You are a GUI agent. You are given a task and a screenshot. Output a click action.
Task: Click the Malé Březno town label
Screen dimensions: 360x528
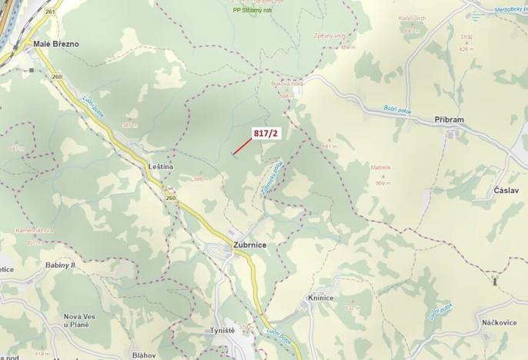[x=56, y=44]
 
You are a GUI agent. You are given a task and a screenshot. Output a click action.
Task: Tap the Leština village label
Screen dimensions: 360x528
[x=161, y=166]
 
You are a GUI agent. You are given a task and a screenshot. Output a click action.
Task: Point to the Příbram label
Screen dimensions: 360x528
[x=449, y=121]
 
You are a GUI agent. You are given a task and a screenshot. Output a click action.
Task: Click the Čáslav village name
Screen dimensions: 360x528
[x=507, y=190]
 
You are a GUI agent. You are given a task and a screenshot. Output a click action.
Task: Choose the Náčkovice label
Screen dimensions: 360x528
[x=500, y=323]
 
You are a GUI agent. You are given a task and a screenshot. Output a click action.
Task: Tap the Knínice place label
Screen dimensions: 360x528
[x=319, y=298]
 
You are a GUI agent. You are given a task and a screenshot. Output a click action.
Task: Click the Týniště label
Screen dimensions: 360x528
[x=222, y=330]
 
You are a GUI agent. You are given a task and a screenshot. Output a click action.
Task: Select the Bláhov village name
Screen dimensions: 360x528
[x=144, y=355]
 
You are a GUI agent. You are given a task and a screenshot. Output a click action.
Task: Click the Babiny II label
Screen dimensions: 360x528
[x=60, y=265]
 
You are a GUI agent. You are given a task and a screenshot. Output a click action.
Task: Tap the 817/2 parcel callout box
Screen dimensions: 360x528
[x=266, y=133]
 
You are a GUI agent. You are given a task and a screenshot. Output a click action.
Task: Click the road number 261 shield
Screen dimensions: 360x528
[x=50, y=12]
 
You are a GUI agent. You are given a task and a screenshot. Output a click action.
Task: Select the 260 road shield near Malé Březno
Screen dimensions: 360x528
[x=56, y=76]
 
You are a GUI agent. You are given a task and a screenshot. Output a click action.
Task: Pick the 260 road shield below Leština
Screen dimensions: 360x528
[x=170, y=198]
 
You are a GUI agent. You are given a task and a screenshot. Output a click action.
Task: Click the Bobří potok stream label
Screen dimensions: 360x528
[x=398, y=111]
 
